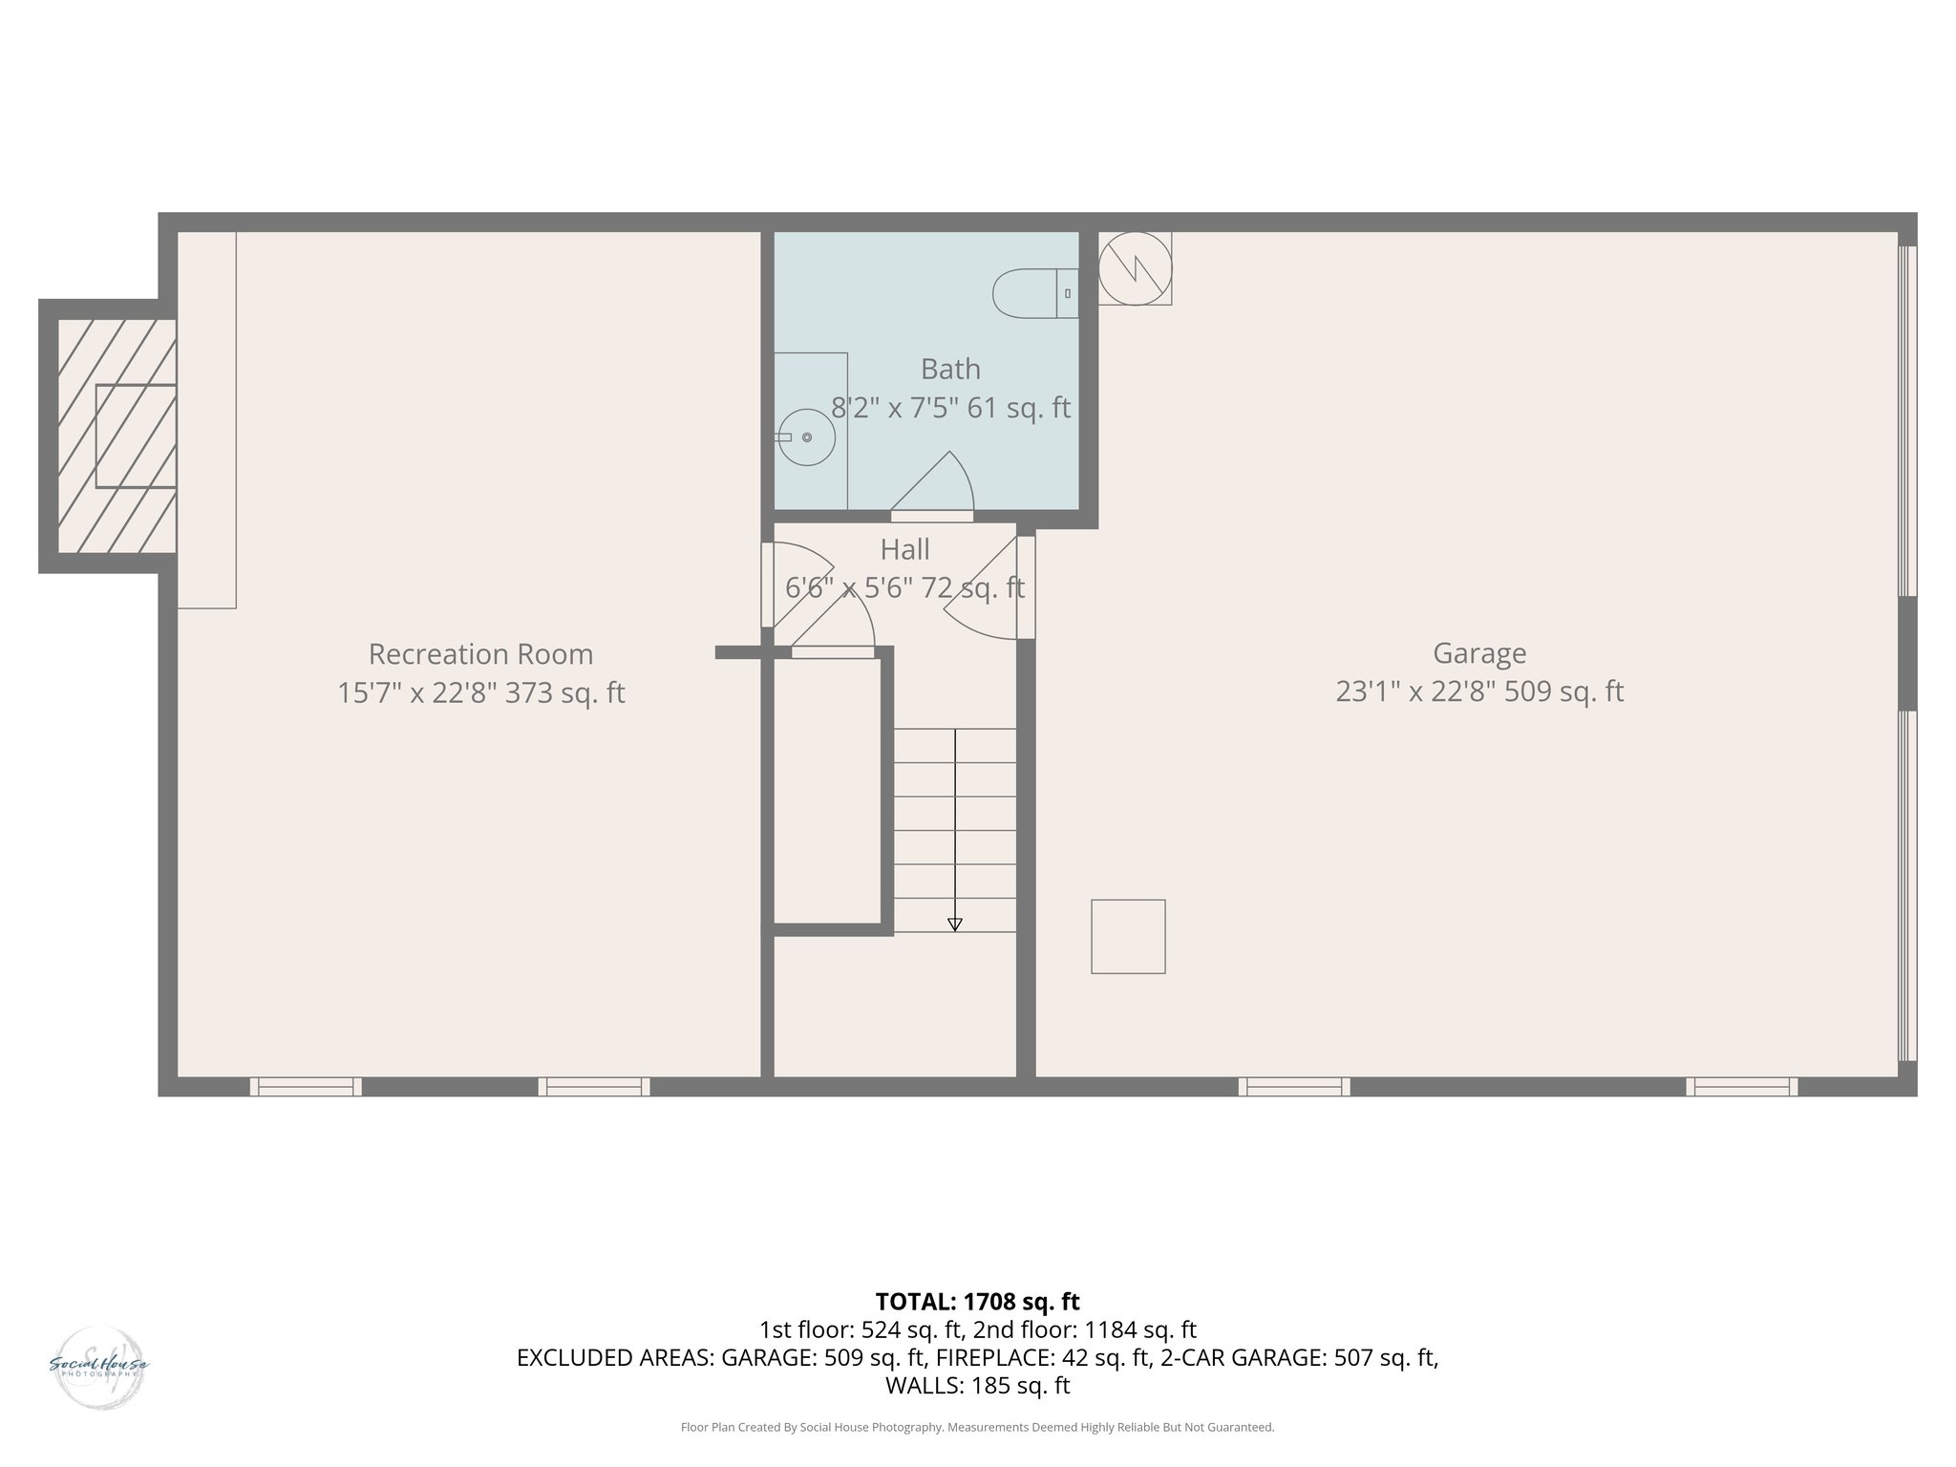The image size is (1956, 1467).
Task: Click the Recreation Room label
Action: [x=480, y=654]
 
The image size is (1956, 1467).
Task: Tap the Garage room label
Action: [x=1479, y=653]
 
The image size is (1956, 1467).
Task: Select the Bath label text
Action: [x=950, y=369]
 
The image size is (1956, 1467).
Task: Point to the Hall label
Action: [x=904, y=549]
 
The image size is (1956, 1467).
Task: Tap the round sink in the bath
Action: [x=807, y=437]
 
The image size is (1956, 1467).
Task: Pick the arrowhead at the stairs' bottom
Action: [x=954, y=924]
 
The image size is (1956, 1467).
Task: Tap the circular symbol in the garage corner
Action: [x=1135, y=268]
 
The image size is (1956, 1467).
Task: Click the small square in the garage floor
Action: [x=1128, y=936]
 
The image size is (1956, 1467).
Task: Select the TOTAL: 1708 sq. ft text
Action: [x=977, y=1302]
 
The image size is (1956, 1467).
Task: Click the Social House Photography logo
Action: [x=98, y=1368]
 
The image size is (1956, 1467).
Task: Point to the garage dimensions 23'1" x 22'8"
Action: [x=1414, y=691]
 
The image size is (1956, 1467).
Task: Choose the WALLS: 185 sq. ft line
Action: [x=977, y=1386]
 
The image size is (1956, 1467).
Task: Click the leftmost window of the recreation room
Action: [x=306, y=1086]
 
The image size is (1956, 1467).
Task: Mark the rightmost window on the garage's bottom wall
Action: [x=1741, y=1086]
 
